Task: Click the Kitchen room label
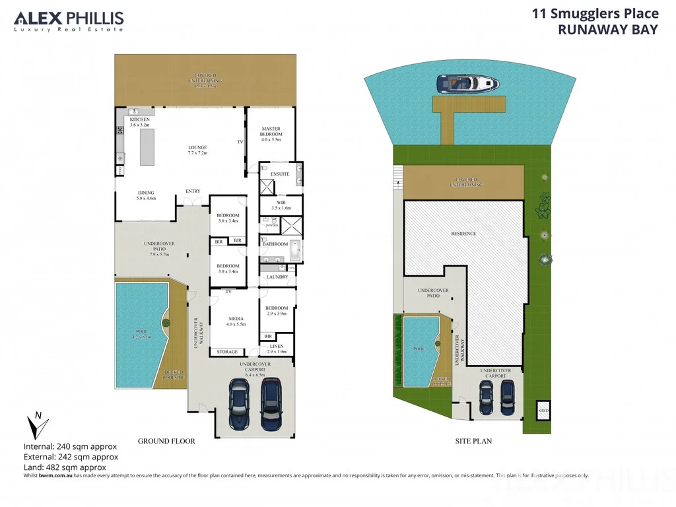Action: pyautogui.click(x=139, y=122)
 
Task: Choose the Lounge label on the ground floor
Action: pyautogui.click(x=197, y=150)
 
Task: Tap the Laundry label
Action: pyautogui.click(x=277, y=277)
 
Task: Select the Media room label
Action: pyautogui.click(x=236, y=320)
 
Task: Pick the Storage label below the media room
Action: pyautogui.click(x=227, y=352)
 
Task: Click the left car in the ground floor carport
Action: pyautogui.click(x=238, y=402)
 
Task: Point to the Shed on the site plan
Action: pyautogui.click(x=543, y=409)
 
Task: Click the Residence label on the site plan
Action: pyautogui.click(x=463, y=234)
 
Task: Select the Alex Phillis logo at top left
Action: pyautogui.click(x=69, y=21)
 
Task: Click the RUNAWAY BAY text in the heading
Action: pyautogui.click(x=608, y=29)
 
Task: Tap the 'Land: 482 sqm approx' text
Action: pyautogui.click(x=64, y=467)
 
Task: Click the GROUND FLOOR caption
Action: pyautogui.click(x=166, y=441)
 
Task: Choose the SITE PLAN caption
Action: pyautogui.click(x=473, y=441)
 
